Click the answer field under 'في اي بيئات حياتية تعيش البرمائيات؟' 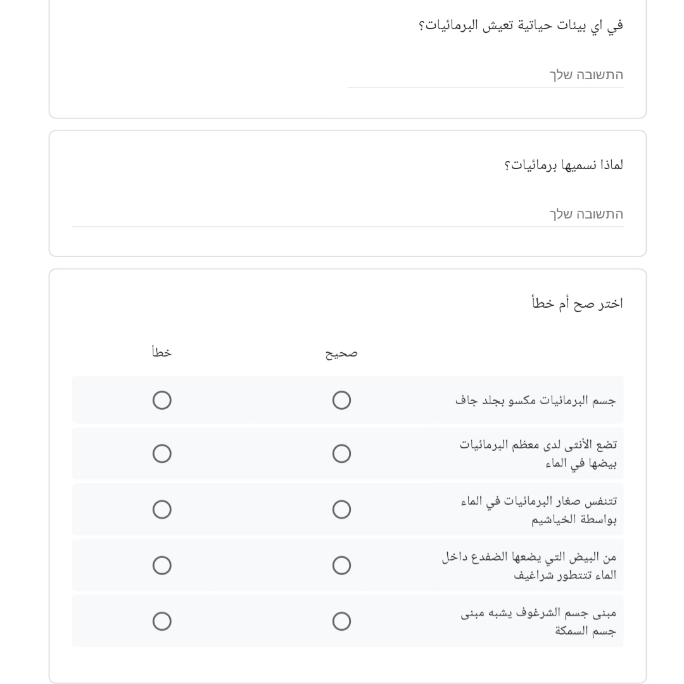coord(485,75)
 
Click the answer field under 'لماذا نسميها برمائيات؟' coord(347,214)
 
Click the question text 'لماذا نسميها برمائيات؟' coord(563,165)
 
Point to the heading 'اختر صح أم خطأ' coord(577,303)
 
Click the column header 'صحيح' coord(341,353)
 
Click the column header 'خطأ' coord(161,353)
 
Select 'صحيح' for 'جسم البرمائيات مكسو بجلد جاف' coord(341,400)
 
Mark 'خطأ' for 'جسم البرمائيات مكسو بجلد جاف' coord(161,400)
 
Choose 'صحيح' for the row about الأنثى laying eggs coord(341,453)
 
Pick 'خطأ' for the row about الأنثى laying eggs coord(161,453)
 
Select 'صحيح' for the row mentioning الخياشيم coord(341,509)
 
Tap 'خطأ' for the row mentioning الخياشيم coord(161,509)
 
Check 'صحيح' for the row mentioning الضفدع coord(341,565)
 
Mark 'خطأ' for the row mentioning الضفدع coord(161,565)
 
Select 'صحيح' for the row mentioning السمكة coord(341,621)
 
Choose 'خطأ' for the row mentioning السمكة coord(161,621)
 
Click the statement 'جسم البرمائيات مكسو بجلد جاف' coord(536,401)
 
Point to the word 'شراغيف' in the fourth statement coord(533,575)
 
